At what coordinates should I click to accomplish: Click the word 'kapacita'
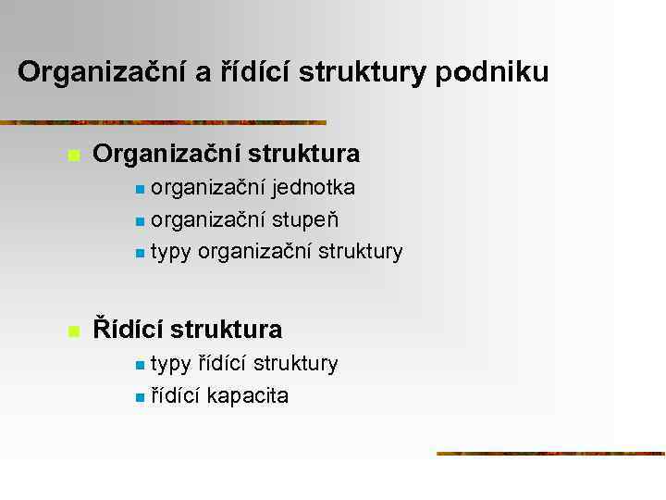coord(247,396)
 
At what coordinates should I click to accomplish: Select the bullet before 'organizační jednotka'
coord(139,190)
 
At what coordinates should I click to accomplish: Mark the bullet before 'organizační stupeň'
coord(139,222)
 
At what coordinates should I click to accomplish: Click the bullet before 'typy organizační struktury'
coord(139,253)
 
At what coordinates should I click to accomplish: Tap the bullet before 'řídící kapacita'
coord(139,398)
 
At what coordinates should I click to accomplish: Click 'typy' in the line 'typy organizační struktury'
coord(171,253)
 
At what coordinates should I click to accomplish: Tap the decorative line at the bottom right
coord(550,454)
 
